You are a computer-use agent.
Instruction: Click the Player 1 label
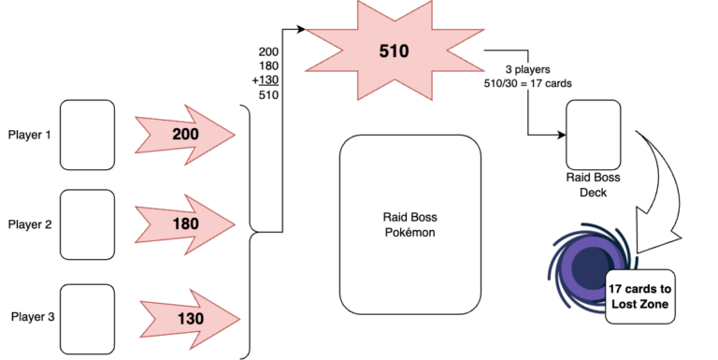[29, 136]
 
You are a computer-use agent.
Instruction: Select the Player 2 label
[29, 224]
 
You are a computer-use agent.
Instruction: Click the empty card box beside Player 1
[87, 135]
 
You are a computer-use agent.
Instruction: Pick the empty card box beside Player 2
[87, 224]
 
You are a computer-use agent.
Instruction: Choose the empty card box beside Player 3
[87, 318]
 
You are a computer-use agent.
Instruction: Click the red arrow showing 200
[184, 137]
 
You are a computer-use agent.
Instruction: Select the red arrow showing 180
[184, 225]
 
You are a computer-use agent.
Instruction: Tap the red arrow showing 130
[189, 318]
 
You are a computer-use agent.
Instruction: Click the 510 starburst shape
[394, 50]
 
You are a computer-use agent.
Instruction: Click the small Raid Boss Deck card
[594, 133]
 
